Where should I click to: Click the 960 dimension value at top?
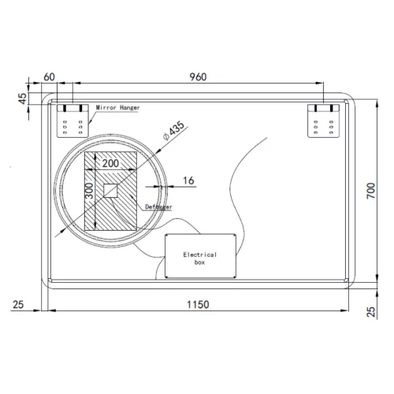pos(198,77)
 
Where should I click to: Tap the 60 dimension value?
pos(49,77)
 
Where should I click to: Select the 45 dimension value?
pos(23,98)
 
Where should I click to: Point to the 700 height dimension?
pos(371,191)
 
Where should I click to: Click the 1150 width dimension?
pos(198,305)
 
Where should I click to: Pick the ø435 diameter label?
pos(173,131)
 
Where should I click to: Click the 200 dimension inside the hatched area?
pos(110,163)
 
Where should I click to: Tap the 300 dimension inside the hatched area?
pos(90,191)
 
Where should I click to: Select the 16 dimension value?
pos(188,180)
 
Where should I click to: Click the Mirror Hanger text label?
pos(117,108)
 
